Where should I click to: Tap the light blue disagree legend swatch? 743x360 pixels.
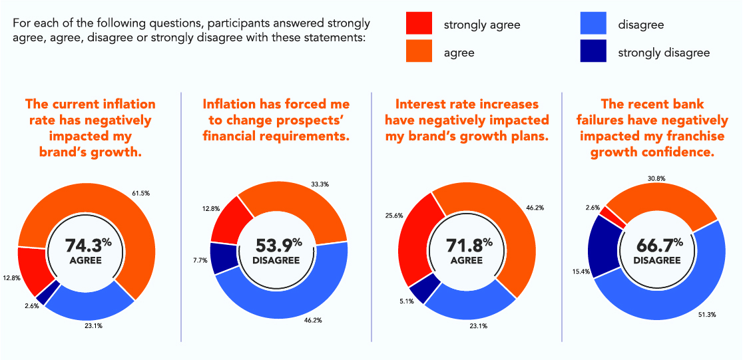tap(593, 24)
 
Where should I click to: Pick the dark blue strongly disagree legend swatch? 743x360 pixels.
tap(593, 51)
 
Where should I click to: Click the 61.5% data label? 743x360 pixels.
tap(140, 193)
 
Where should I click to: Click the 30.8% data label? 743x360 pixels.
tap(656, 178)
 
